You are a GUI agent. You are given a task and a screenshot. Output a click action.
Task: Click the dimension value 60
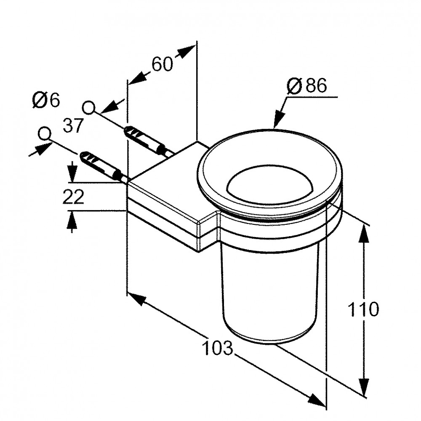pos(162,64)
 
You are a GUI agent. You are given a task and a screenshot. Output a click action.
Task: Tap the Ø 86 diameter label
pos(307,86)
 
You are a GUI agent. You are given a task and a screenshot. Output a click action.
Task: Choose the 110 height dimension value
pos(363,309)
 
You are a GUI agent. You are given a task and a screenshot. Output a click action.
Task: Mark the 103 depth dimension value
pos(218,348)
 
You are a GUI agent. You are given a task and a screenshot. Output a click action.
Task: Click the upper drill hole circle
pos(88,108)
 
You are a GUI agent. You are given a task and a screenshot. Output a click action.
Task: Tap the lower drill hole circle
pos(44,133)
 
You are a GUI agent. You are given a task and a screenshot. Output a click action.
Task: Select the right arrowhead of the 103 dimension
pos(317,400)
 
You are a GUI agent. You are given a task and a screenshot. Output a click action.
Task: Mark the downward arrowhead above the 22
pos(72,172)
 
